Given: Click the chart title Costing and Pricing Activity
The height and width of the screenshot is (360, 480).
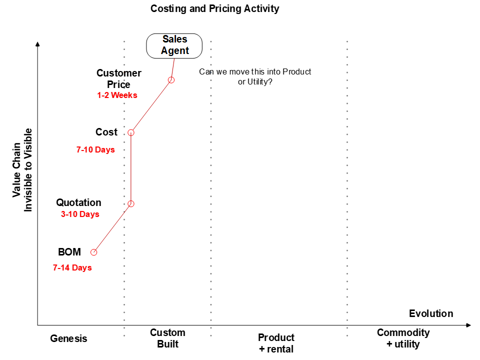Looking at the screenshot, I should click(x=215, y=8).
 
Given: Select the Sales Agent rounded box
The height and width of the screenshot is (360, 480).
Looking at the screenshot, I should click(x=174, y=45).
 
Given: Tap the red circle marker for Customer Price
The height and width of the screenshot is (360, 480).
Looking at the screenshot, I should click(x=171, y=80).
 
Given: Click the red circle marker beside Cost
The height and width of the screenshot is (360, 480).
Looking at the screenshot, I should click(x=131, y=132).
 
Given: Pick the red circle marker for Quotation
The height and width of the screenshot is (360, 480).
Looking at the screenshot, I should click(x=131, y=203).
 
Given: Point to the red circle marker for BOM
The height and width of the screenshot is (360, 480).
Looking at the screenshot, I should click(x=93, y=252).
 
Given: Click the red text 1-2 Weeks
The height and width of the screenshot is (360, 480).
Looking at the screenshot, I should click(x=117, y=95).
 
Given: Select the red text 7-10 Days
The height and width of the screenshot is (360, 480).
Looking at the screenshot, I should click(x=95, y=149).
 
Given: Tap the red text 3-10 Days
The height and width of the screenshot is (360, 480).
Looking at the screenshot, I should click(x=80, y=214).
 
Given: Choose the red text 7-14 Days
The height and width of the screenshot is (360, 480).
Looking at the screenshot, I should click(x=72, y=267).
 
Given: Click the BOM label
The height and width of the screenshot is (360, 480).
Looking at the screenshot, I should click(x=69, y=252).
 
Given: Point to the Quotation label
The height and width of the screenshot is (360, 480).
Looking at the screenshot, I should click(x=78, y=202).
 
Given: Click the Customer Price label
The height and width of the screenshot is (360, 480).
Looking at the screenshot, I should click(x=119, y=78).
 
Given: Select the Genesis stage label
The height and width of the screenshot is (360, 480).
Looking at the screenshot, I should click(x=68, y=338).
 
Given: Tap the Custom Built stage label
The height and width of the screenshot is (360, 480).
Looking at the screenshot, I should click(x=167, y=338).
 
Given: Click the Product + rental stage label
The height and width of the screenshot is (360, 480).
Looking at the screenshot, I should click(x=276, y=343).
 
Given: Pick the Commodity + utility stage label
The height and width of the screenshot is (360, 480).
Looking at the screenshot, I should click(x=403, y=338).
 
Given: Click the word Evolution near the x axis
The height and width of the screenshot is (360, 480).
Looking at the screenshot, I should click(x=431, y=313).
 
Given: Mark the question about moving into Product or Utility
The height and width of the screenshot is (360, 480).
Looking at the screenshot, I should click(x=255, y=76).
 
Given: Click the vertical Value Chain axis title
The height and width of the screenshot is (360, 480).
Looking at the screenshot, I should click(x=22, y=177).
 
